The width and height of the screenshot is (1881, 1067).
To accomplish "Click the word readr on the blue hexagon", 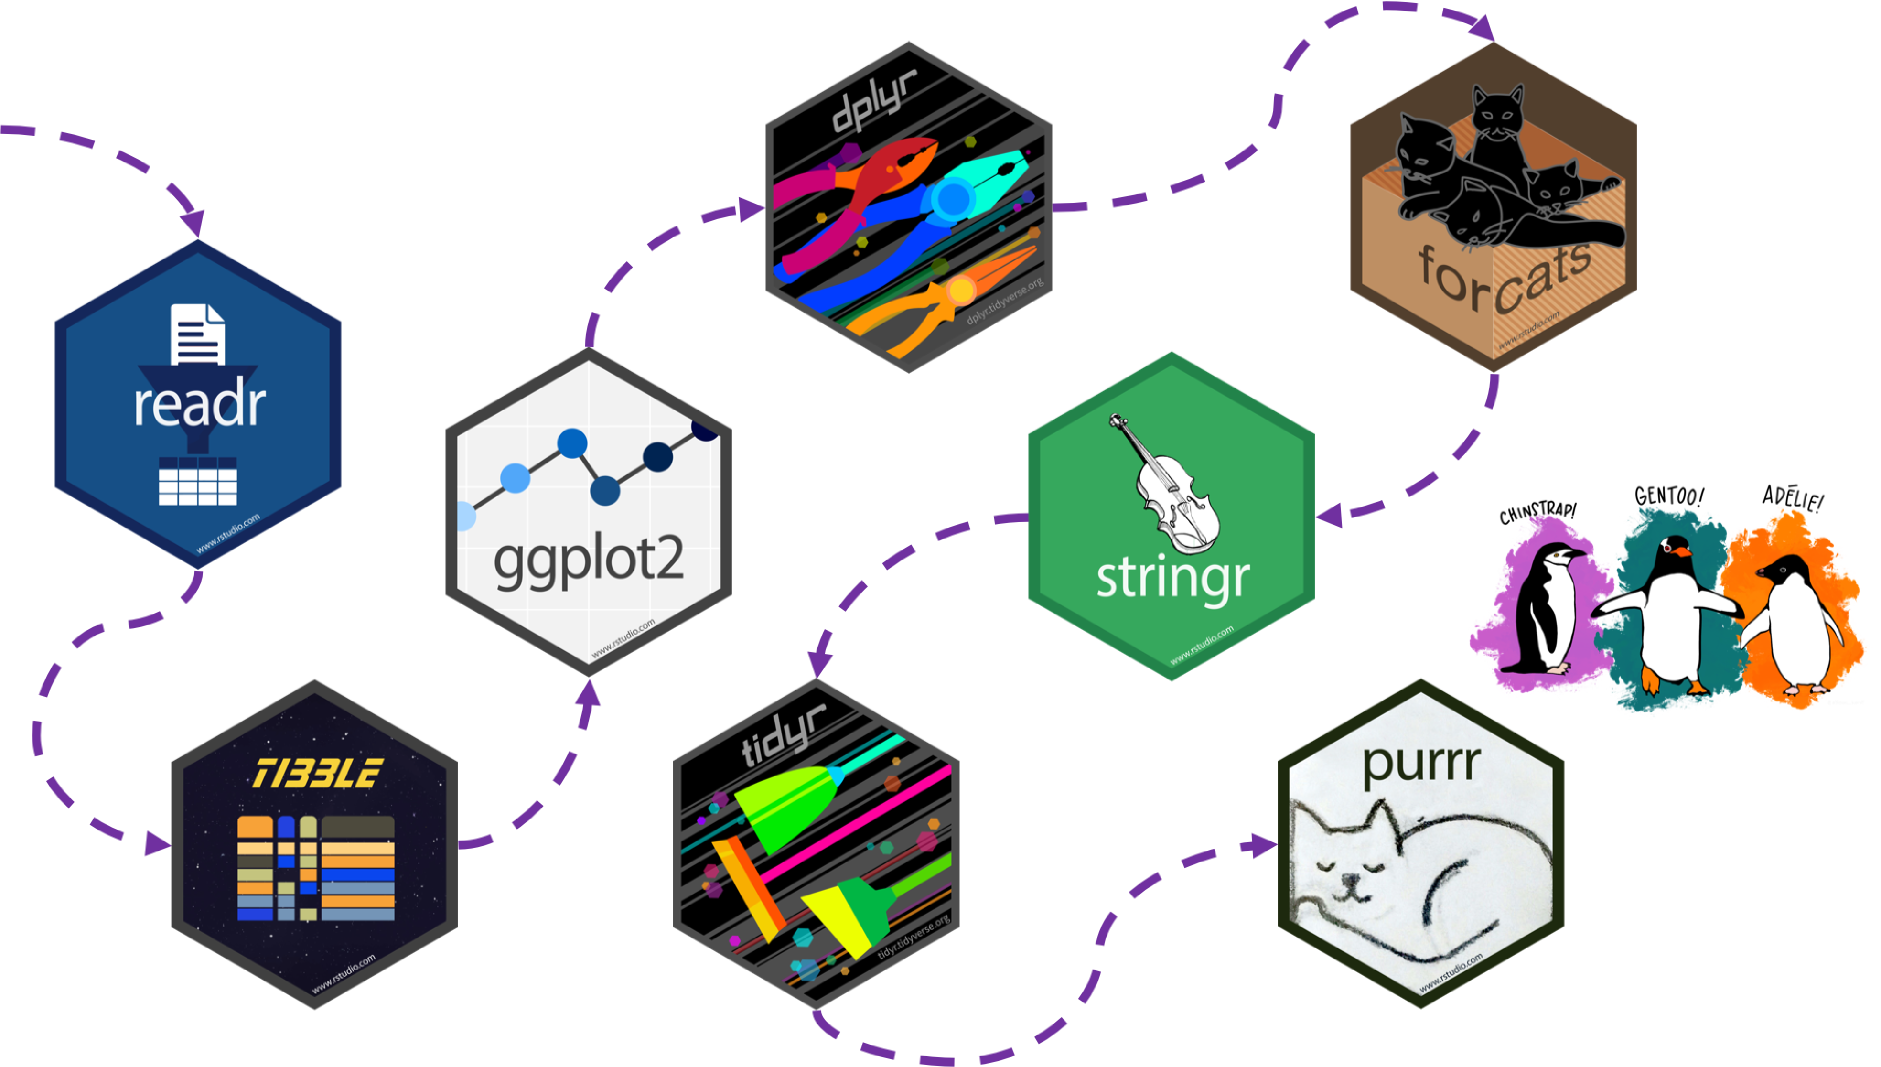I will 199,405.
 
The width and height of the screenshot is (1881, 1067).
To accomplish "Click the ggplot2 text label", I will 589,560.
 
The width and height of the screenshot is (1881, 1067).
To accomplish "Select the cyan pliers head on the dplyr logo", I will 989,172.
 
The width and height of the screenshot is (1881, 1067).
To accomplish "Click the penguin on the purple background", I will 1546,608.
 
